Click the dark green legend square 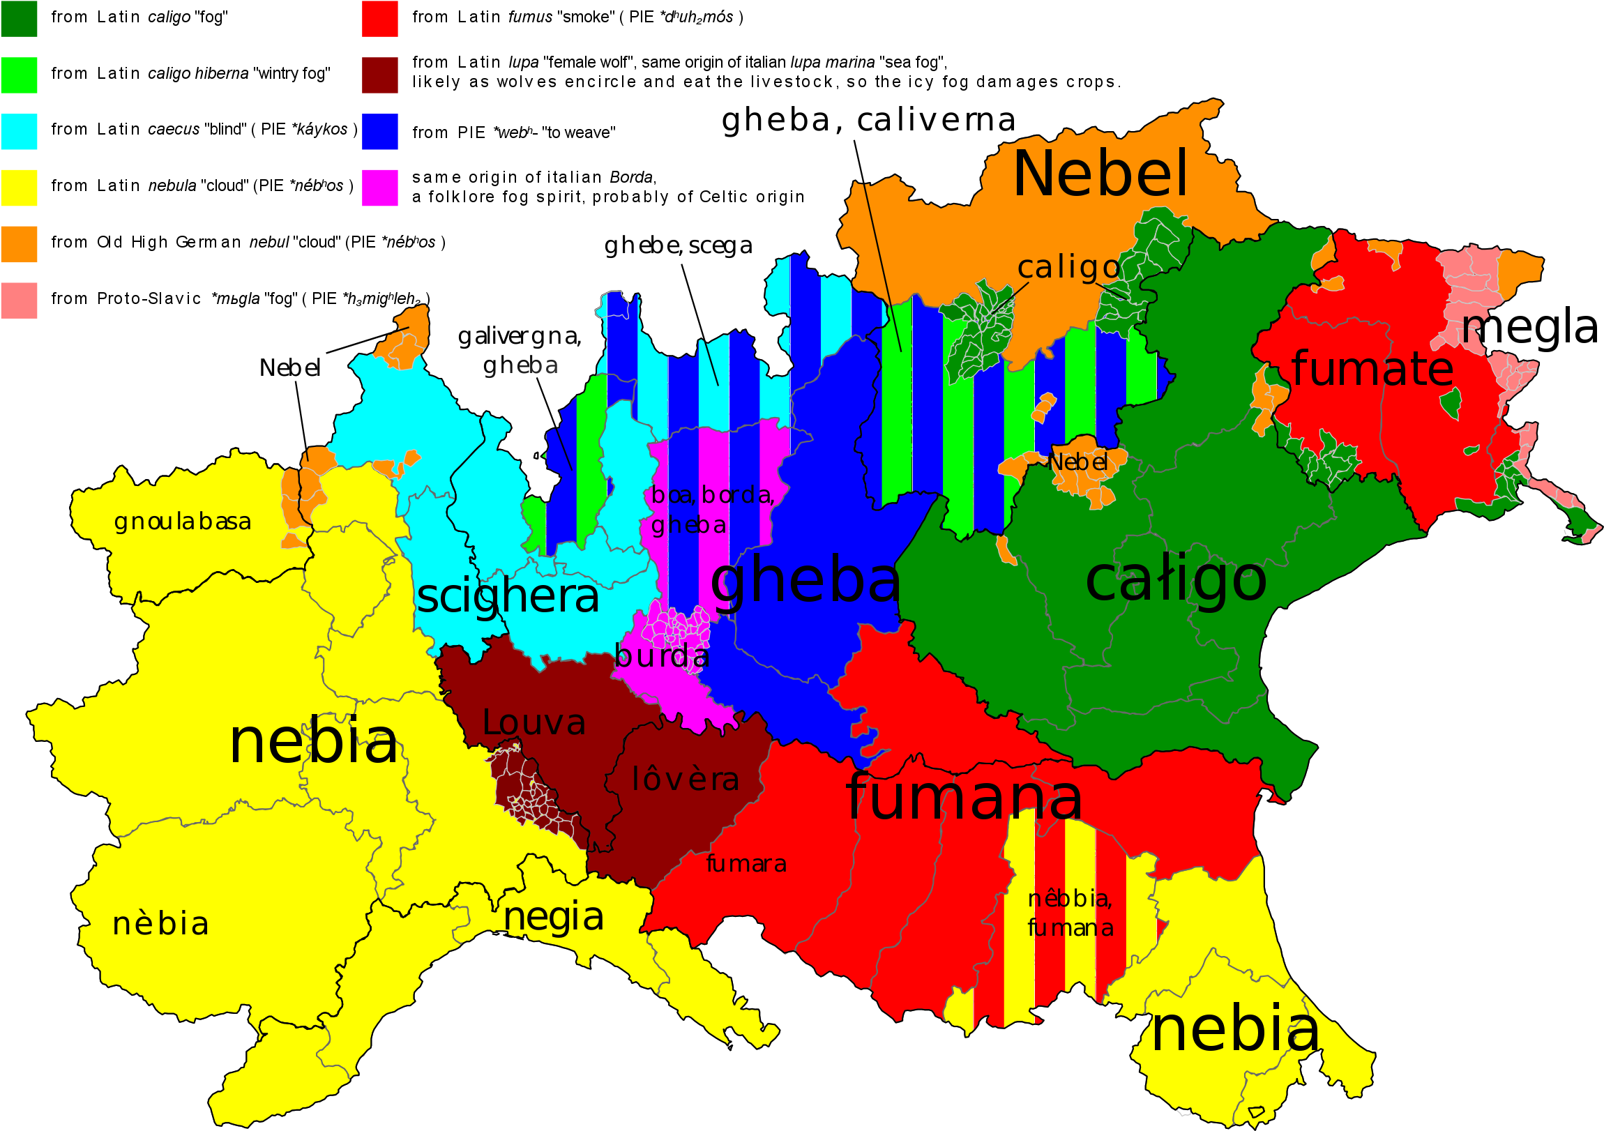tap(19, 19)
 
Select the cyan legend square tap(19, 131)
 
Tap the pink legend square tap(19, 301)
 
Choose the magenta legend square tap(379, 188)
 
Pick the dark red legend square tap(379, 75)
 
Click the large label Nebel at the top tap(1100, 174)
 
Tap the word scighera tap(508, 598)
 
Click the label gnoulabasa tap(182, 522)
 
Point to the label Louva tap(534, 723)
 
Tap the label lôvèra tap(686, 780)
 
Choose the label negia tap(553, 917)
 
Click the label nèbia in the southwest tap(160, 924)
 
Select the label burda tap(662, 656)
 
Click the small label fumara tap(746, 864)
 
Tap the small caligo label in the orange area tap(1069, 267)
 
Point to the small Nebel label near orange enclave tap(1078, 462)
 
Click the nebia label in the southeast tap(1235, 1029)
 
